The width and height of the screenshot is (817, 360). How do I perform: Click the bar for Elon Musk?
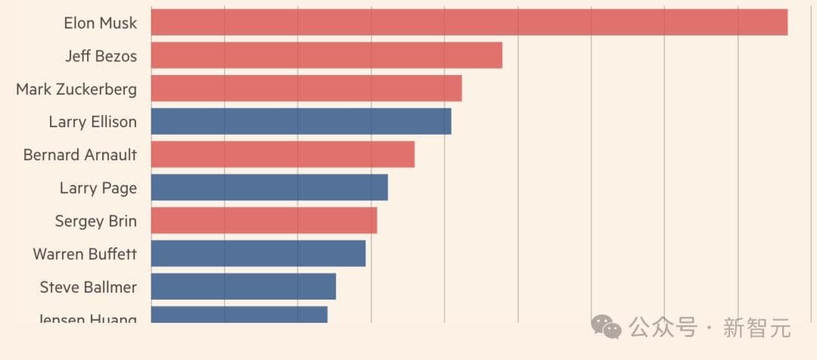[x=469, y=23]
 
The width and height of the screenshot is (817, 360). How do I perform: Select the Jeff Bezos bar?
[x=327, y=56]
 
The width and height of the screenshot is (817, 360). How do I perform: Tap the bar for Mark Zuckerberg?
[x=306, y=88]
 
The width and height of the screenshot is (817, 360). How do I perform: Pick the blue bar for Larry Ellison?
[x=301, y=122]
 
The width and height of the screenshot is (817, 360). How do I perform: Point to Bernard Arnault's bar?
[x=283, y=154]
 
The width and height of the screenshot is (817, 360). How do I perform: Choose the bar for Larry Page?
[x=269, y=188]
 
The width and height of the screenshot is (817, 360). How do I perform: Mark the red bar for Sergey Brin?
[x=264, y=221]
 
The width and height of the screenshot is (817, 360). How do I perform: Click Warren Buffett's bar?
[x=258, y=253]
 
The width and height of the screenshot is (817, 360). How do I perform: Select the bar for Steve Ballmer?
[x=244, y=287]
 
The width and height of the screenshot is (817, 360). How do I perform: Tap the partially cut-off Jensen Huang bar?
[x=239, y=314]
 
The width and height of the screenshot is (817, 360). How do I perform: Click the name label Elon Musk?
[x=101, y=23]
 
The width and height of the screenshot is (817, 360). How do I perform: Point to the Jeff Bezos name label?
[x=101, y=56]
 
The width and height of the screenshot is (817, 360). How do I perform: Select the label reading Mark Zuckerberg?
[x=76, y=89]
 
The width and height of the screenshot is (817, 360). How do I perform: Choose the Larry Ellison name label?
[x=93, y=122]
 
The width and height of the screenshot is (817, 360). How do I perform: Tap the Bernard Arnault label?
[x=80, y=155]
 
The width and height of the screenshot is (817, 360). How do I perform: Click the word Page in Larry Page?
[x=120, y=188]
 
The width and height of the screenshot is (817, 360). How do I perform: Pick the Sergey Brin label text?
[x=96, y=221]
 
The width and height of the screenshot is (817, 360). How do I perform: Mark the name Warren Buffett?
[x=85, y=254]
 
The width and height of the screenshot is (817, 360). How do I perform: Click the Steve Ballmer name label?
[x=89, y=287]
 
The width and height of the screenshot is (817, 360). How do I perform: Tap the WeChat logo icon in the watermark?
[x=607, y=327]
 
